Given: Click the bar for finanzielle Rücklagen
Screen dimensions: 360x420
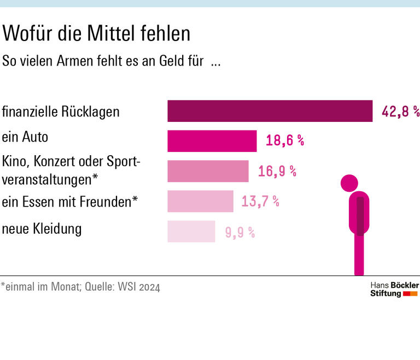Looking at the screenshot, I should click(270, 111).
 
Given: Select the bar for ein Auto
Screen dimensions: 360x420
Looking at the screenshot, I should click(212, 141).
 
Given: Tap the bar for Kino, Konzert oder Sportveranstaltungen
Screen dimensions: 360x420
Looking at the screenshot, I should click(208, 171).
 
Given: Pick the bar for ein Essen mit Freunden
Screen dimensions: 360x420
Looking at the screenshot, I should click(200, 201).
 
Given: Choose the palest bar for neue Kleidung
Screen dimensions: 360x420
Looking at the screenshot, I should click(191, 231).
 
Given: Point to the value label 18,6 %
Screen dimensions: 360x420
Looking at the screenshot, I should click(285, 141).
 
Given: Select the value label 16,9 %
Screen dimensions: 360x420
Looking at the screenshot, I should click(277, 171).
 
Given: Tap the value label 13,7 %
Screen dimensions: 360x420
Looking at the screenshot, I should click(260, 201).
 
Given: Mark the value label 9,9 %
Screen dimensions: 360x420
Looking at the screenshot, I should click(240, 232).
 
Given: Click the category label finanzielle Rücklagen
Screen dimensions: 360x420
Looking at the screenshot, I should click(61, 112).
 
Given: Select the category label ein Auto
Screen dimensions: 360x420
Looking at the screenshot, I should click(25, 137).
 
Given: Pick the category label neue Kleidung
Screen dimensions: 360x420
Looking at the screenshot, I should click(42, 228).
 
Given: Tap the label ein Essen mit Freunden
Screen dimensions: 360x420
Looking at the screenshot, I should click(69, 202).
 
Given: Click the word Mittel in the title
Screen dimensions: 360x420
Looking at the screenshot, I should click(113, 34).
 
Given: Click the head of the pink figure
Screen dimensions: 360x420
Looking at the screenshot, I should click(349, 182).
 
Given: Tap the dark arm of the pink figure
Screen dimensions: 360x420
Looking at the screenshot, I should click(360, 216).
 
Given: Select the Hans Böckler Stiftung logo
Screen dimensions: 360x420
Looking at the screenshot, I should click(394, 290).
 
